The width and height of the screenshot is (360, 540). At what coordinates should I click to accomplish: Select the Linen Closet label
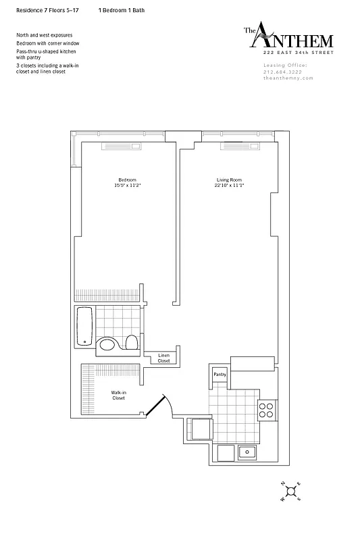coord(164,358)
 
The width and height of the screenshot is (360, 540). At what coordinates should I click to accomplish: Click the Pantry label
coord(220,374)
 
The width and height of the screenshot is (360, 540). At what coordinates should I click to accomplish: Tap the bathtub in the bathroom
coord(84,326)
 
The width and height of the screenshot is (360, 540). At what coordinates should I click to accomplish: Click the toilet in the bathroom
coord(132,343)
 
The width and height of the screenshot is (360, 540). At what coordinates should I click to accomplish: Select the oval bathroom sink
coord(108,347)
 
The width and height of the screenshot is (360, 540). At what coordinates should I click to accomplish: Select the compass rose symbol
coord(291,491)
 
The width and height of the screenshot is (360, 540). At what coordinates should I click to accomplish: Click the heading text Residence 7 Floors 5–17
coord(42,11)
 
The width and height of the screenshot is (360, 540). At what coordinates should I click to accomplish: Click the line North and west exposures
coord(44,35)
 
